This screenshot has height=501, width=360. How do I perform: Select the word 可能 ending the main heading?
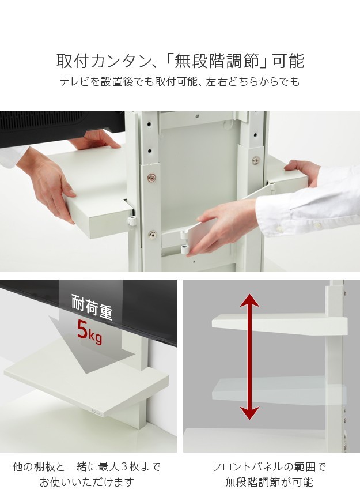click(290, 61)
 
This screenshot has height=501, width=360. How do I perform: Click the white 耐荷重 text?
click(92, 307)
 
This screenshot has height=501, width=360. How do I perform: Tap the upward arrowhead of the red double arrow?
click(249, 300)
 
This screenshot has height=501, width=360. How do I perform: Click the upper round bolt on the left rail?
click(152, 178)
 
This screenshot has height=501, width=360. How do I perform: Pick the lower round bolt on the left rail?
click(152, 234)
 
